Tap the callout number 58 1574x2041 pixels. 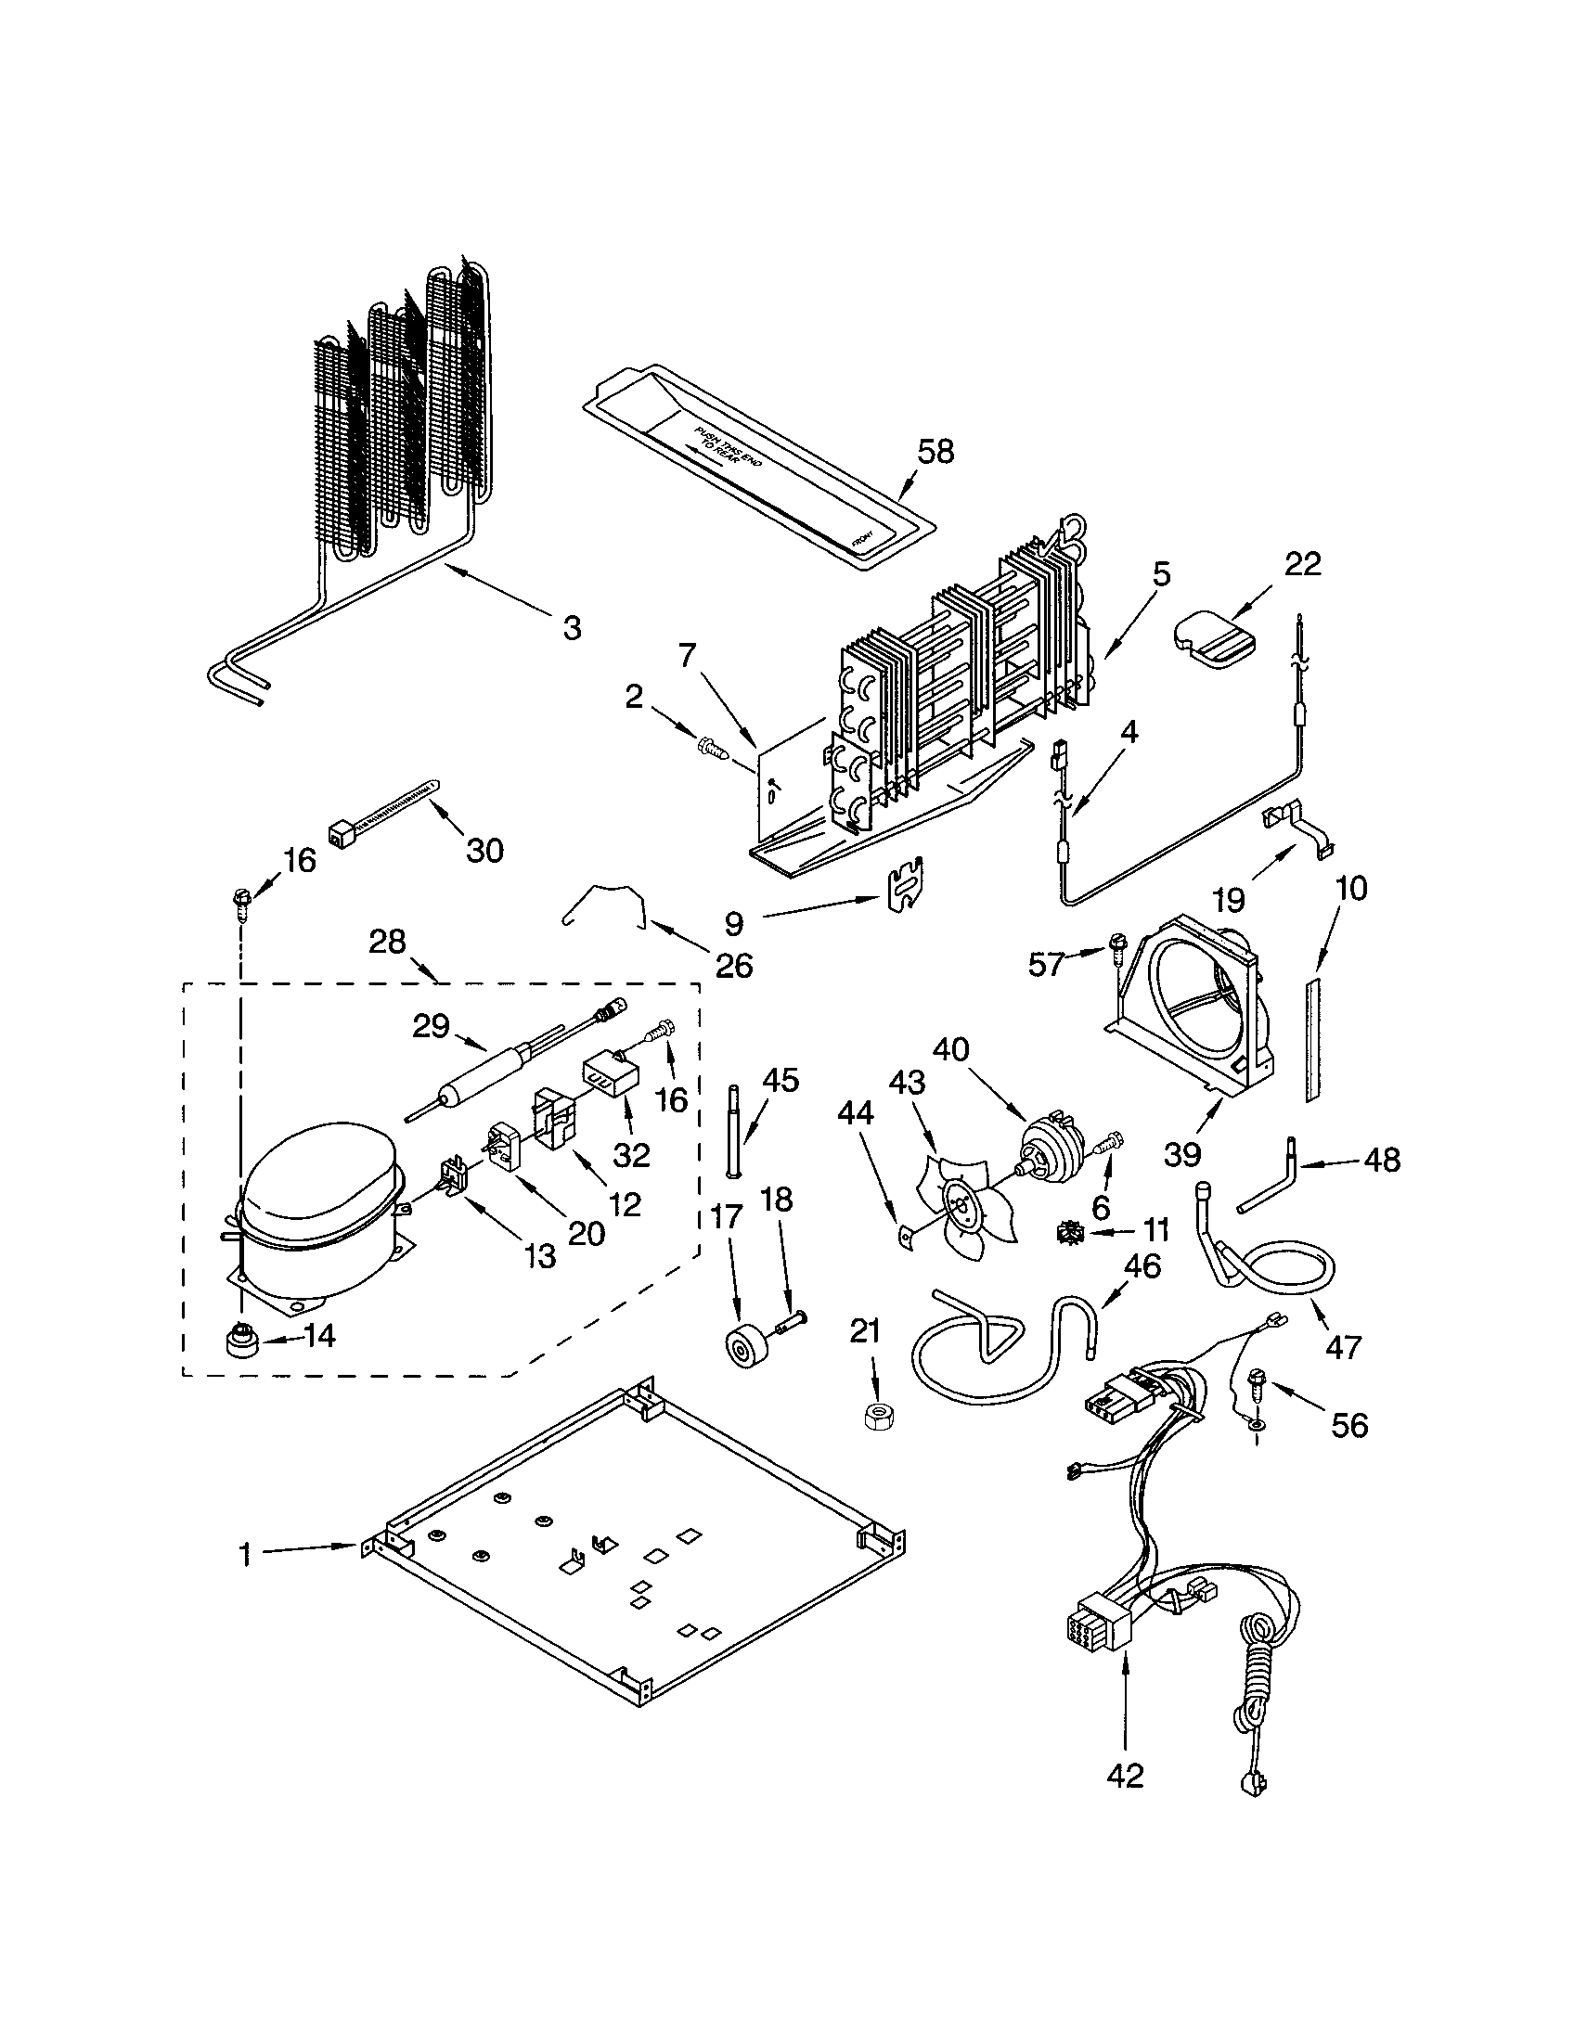point(935,453)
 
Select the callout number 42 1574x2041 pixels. point(1126,1776)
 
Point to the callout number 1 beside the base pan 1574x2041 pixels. point(245,1554)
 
